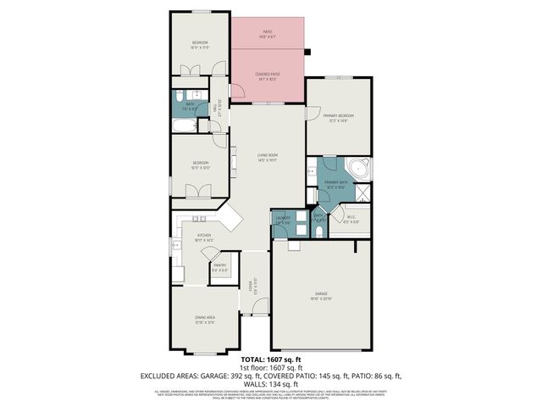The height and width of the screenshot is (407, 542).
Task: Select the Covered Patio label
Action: coord(268,76)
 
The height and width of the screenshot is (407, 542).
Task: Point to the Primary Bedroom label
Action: coord(338,117)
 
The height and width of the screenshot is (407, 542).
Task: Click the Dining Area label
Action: coord(205,319)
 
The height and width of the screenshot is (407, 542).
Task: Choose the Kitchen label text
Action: coord(204,237)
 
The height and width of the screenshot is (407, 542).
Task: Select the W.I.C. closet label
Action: coord(353,219)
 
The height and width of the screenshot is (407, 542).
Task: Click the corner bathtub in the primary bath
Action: coord(362,167)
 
